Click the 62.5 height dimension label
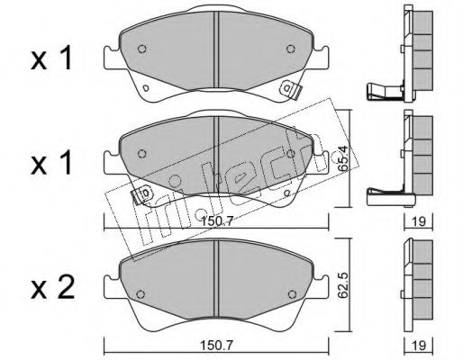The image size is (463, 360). pos(342,285)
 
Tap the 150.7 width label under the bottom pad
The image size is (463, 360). pos(217,346)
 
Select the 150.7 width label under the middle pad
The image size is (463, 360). pos(217,222)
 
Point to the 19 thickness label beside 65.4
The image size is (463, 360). pos(419,221)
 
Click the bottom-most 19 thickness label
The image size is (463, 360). pos(419,346)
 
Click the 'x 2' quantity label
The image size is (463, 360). pos(52,289)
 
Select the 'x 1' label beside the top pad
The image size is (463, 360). pos(51,58)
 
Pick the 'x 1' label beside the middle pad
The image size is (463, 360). pos(51,164)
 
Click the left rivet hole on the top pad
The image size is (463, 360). pos(142,49)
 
